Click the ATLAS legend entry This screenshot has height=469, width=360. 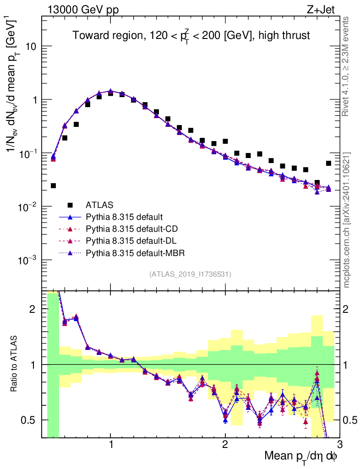[99, 205]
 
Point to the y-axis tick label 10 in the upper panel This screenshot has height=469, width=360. [30, 47]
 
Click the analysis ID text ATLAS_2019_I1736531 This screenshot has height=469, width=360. [190, 274]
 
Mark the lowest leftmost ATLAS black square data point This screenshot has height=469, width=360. [53, 185]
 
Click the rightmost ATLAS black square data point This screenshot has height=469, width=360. [328, 163]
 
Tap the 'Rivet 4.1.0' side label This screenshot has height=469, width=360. [347, 66]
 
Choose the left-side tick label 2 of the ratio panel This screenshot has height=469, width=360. [33, 309]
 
